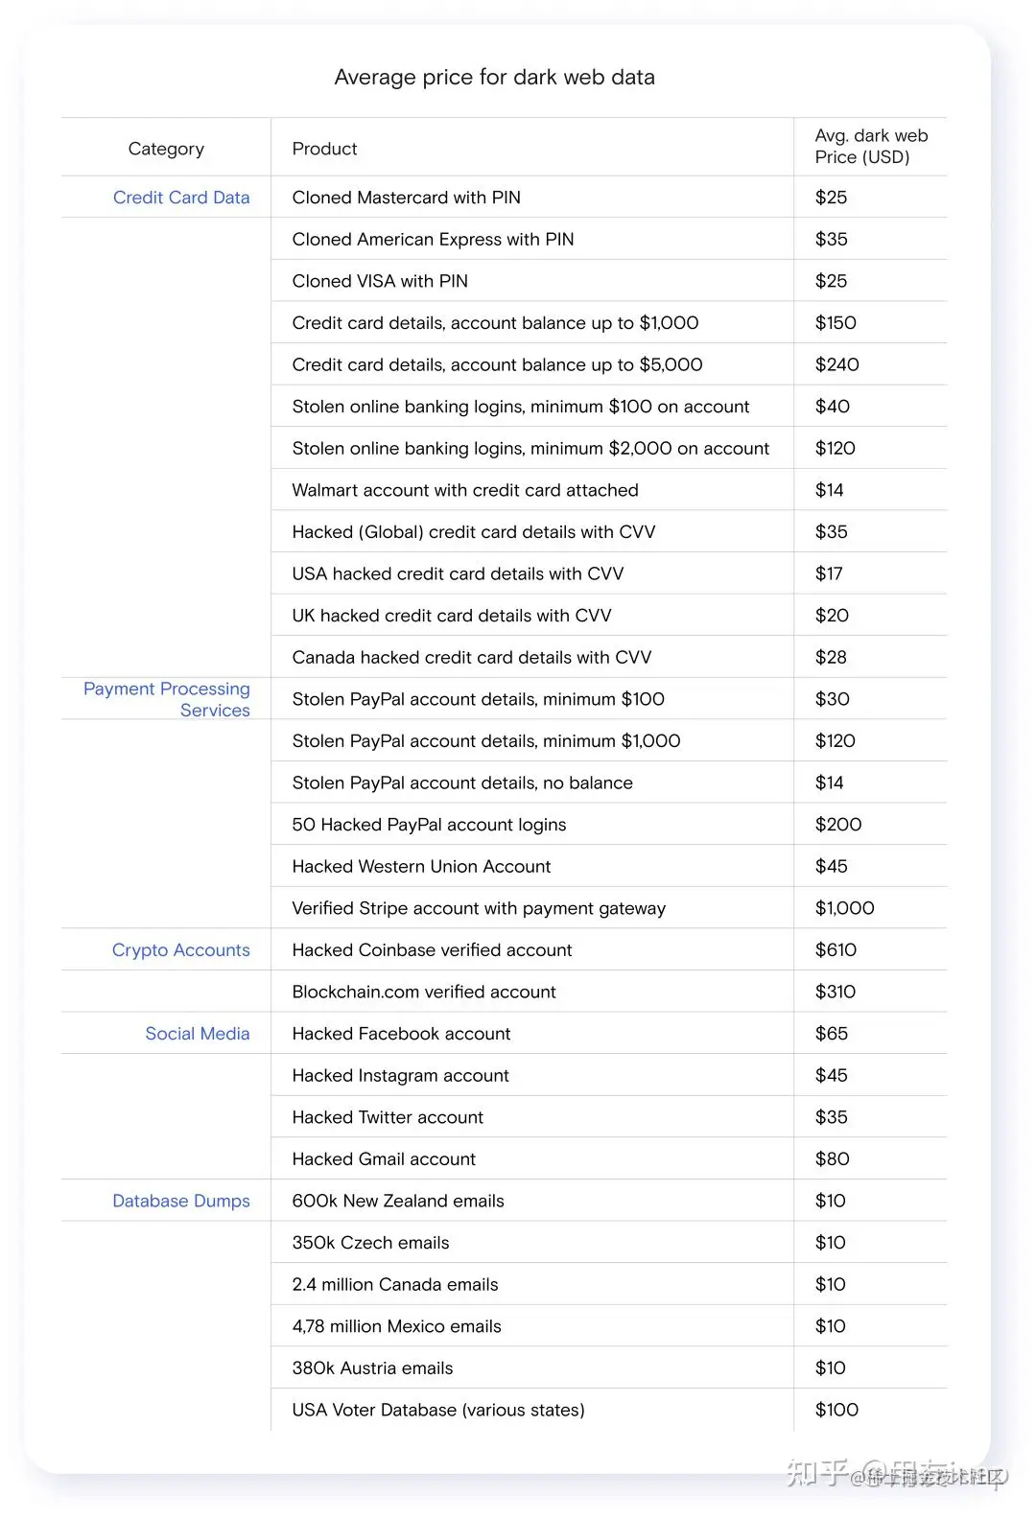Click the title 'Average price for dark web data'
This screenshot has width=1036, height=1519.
coord(494,78)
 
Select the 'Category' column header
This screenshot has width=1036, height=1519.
coord(166,149)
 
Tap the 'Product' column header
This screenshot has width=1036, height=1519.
coord(324,149)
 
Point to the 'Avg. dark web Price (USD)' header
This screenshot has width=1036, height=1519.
coord(871,147)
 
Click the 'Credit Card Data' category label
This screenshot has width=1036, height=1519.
coord(181,198)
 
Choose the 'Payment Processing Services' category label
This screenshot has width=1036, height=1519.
coord(167,699)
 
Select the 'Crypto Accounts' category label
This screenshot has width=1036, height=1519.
coord(180,950)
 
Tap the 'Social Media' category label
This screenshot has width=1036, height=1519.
coord(197,1034)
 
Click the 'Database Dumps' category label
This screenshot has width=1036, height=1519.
coord(180,1201)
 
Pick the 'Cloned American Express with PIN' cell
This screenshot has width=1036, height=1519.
coord(433,240)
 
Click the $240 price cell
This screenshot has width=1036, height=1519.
coord(836,364)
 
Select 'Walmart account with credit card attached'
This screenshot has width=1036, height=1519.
coord(465,490)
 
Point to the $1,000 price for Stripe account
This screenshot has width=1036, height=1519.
coord(844,908)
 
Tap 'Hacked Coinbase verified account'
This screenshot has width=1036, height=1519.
coord(432,950)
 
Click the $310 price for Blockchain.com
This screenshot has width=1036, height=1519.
coord(835,992)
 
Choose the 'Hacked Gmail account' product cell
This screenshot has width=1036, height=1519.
coord(384,1159)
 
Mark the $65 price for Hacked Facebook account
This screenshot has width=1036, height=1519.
coord(831,1034)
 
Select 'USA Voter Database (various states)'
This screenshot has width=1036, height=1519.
coord(438,1410)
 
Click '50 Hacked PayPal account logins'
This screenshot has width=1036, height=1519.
coord(429,825)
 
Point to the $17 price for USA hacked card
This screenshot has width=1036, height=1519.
coord(829,573)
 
